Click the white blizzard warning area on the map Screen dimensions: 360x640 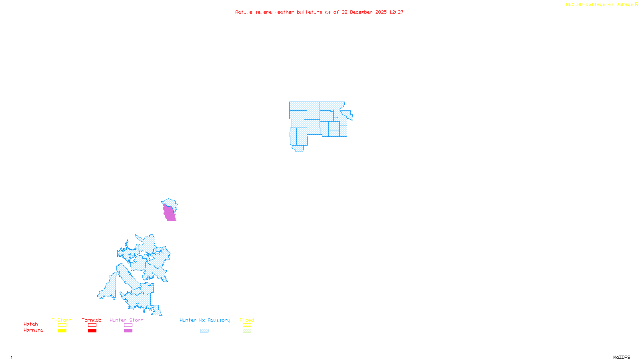347,105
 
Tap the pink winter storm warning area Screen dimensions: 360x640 169,213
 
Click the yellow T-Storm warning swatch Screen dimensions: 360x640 62,331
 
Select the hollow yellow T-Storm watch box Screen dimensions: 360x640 62,325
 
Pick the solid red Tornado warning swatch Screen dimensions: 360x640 92,331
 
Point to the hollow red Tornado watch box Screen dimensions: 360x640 92,325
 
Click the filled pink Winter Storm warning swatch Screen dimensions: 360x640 128,331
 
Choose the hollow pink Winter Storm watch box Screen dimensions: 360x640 128,325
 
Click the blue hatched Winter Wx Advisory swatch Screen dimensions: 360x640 204,331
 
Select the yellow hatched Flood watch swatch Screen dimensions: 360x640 247,325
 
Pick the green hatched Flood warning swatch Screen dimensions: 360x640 247,331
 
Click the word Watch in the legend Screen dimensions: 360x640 31,324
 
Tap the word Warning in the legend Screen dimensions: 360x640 33,330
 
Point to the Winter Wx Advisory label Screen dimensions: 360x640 205,320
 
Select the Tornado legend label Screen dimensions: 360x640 92,320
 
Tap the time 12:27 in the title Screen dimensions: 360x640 396,12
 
